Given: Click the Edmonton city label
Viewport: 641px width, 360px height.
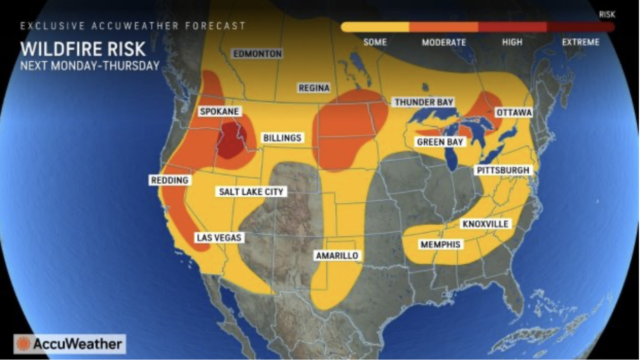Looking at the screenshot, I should (x=257, y=54).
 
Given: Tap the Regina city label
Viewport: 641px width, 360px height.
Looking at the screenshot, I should (x=314, y=88).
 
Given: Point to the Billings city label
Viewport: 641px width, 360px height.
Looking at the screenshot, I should (x=282, y=138).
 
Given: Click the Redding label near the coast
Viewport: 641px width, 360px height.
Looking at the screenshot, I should (x=169, y=180).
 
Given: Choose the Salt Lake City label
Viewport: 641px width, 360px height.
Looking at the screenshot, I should (x=251, y=192).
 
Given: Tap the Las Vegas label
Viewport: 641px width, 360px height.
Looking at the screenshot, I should (x=218, y=237).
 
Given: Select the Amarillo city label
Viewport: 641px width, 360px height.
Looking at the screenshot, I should (x=337, y=255).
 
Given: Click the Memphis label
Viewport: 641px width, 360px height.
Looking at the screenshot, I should (x=440, y=244).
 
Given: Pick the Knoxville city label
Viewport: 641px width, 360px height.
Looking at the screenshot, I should (x=486, y=224).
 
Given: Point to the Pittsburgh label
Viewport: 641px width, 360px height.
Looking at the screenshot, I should (x=503, y=170).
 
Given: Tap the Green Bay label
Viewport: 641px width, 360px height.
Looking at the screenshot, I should (x=440, y=142).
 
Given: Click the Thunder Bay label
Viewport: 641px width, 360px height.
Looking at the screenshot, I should (x=424, y=102).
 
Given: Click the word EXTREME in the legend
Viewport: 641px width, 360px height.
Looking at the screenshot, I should (x=580, y=42).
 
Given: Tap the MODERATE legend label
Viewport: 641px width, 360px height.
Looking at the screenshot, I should (x=444, y=42).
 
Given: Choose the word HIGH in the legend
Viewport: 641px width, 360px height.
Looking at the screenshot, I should (x=512, y=42).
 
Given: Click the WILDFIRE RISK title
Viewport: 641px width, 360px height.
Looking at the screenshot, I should (x=83, y=49).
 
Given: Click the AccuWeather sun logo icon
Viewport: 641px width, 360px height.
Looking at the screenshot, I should (x=23, y=344).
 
